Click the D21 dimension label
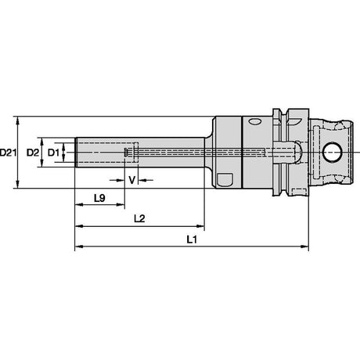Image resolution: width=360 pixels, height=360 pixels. point(8,153)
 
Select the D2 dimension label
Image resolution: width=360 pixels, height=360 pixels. point(33,153)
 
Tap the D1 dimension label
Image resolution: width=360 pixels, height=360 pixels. point(53,153)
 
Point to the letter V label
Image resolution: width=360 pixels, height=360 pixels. point(132,180)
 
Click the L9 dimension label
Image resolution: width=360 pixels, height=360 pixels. point(99,198)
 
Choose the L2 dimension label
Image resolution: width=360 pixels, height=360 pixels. point(139,218)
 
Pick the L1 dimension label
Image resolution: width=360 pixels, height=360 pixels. point(192,239)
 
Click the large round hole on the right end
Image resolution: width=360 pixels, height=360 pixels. point(333,153)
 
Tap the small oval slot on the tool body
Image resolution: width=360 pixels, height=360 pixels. point(254,121)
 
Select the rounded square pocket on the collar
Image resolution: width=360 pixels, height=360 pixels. point(225,179)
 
